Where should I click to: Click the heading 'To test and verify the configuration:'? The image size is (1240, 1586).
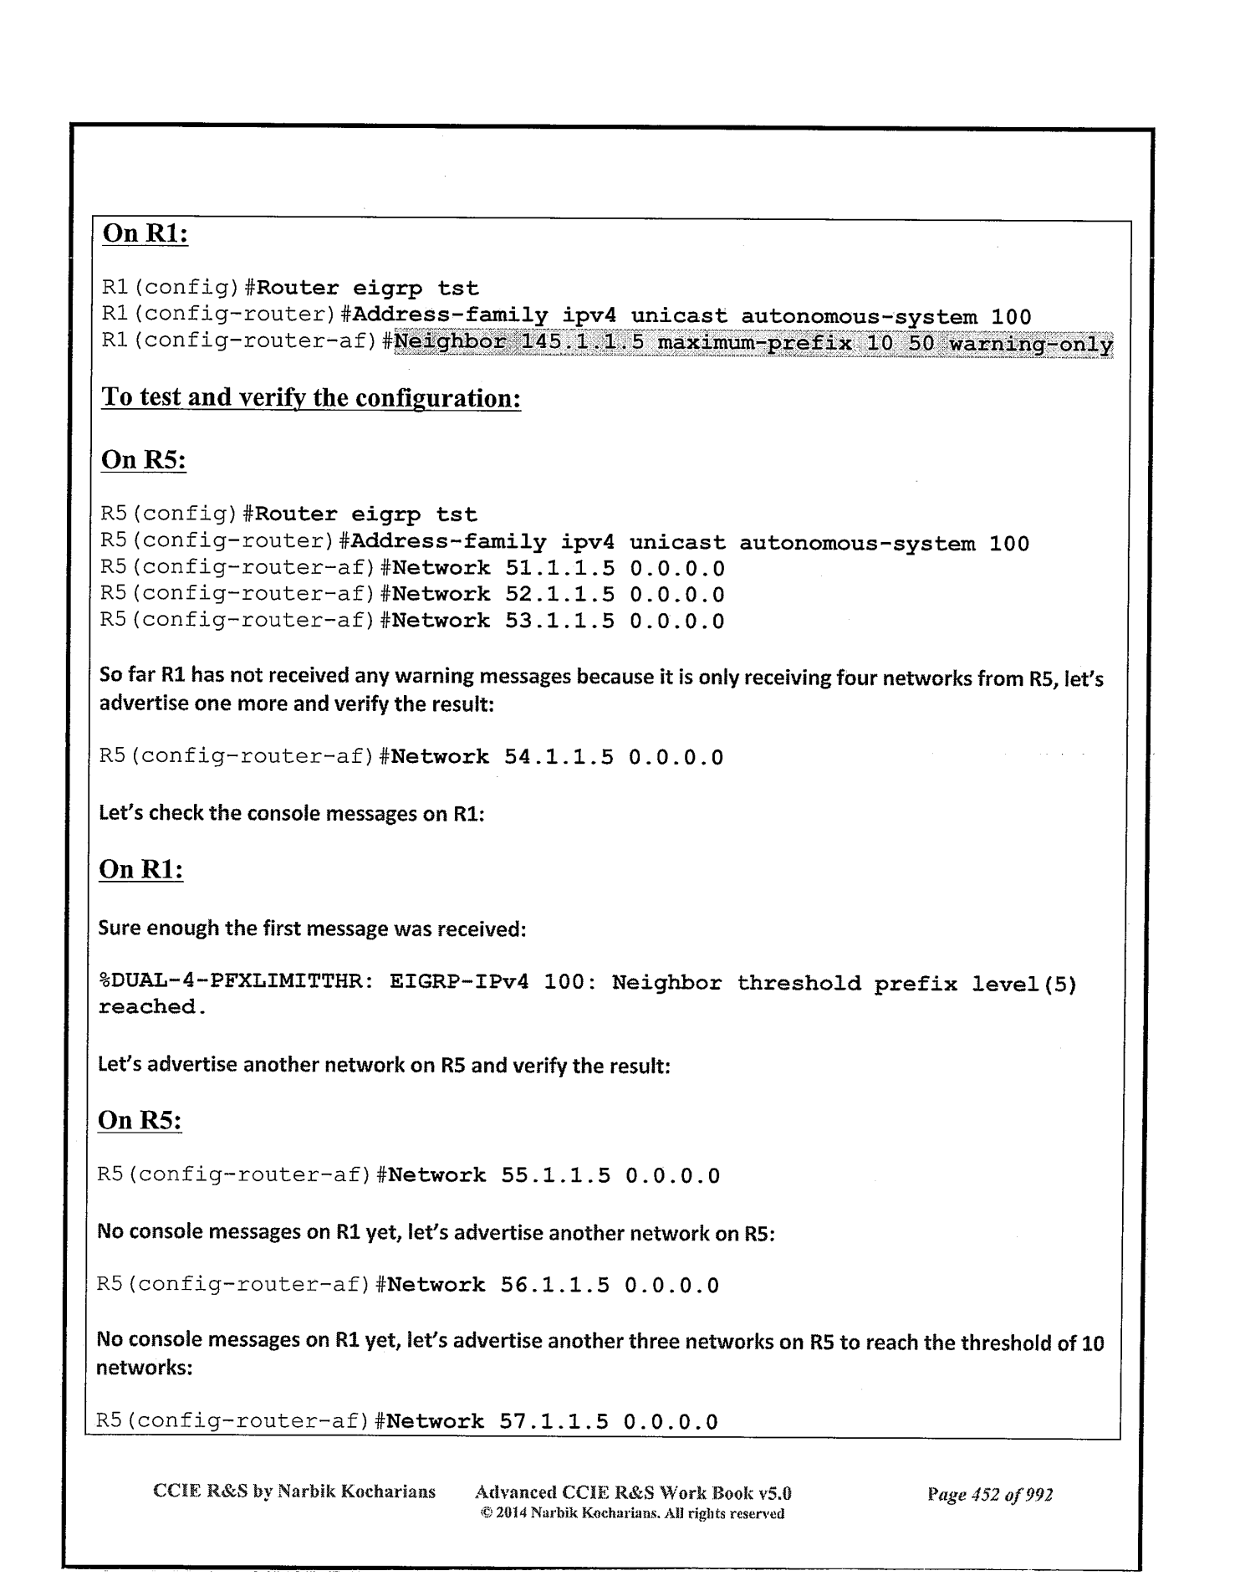[311, 397]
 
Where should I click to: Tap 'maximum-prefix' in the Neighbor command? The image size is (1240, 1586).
[756, 344]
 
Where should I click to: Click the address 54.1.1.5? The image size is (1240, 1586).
[559, 758]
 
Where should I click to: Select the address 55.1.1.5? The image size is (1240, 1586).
[555, 1175]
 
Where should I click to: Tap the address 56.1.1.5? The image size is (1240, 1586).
[554, 1285]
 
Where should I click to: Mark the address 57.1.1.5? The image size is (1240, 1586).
[554, 1421]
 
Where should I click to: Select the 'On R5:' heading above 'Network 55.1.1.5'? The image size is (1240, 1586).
[140, 1120]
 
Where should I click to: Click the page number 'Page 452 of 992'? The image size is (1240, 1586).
[989, 1494]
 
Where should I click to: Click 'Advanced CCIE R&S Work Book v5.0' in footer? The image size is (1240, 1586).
[633, 1492]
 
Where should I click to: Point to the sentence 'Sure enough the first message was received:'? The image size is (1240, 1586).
[312, 928]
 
